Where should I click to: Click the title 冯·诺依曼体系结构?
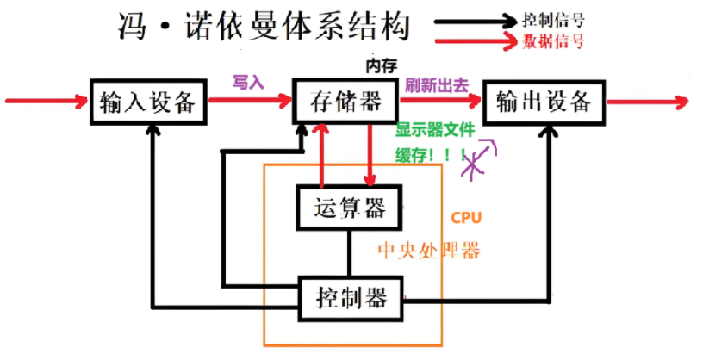tap(262, 28)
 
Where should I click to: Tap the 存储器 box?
tap(345, 102)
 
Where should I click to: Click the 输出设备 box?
tap(544, 102)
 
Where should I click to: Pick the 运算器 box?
tap(349, 208)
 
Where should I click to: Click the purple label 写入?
tap(247, 83)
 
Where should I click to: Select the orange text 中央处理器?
tap(429, 251)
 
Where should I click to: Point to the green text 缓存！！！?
tap(431, 155)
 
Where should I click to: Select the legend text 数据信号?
tap(554, 40)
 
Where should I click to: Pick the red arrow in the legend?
tap(475, 40)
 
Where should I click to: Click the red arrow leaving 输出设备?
tap(647, 102)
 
